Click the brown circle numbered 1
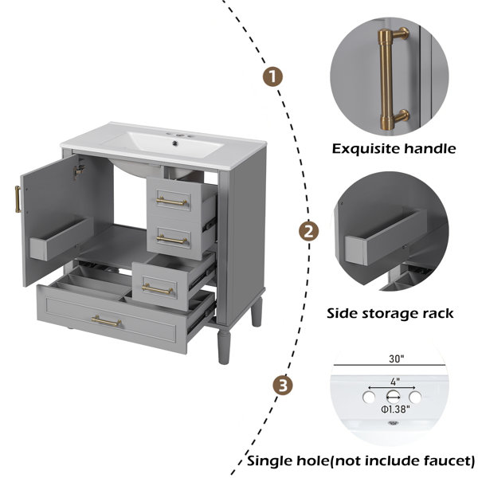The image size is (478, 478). click(x=272, y=76)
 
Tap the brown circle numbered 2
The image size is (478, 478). click(x=308, y=231)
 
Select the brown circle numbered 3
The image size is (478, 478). click(x=283, y=386)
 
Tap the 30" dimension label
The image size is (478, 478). click(x=396, y=359)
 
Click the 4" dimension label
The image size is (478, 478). click(x=395, y=382)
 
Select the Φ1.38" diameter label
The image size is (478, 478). click(x=395, y=409)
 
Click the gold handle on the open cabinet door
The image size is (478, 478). click(x=18, y=199)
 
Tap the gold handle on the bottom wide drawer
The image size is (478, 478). click(x=106, y=321)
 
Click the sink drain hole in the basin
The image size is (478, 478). click(x=175, y=143)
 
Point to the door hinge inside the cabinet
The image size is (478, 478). click(x=79, y=170)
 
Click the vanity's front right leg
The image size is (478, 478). click(x=224, y=346)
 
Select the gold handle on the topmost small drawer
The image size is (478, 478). click(x=171, y=202)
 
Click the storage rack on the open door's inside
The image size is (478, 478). click(x=61, y=238)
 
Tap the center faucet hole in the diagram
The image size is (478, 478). click(x=393, y=397)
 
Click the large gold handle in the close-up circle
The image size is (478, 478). click(x=392, y=79)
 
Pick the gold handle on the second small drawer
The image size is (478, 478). click(x=171, y=240)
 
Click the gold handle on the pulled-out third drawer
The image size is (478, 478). click(x=157, y=289)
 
